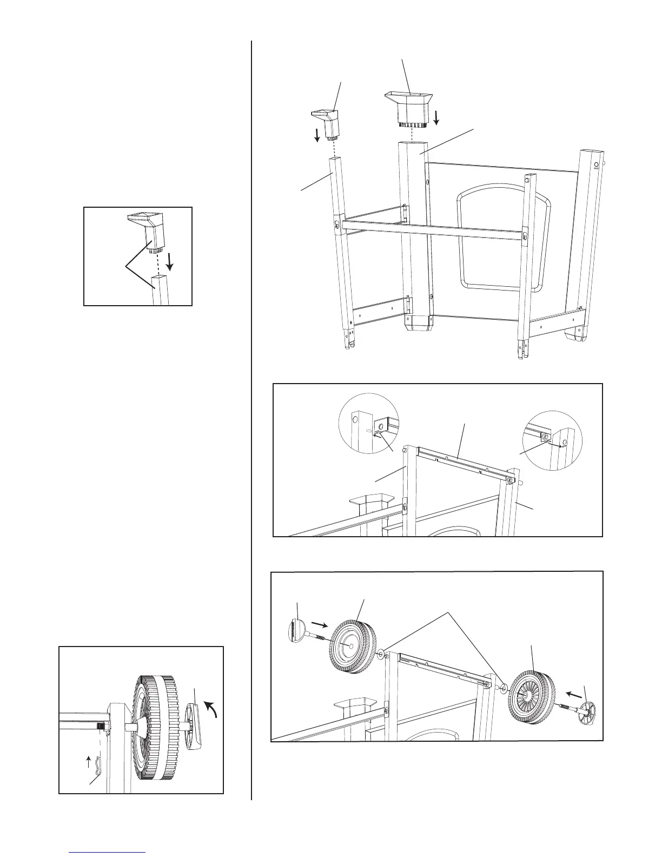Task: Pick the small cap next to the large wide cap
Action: point(325,122)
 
